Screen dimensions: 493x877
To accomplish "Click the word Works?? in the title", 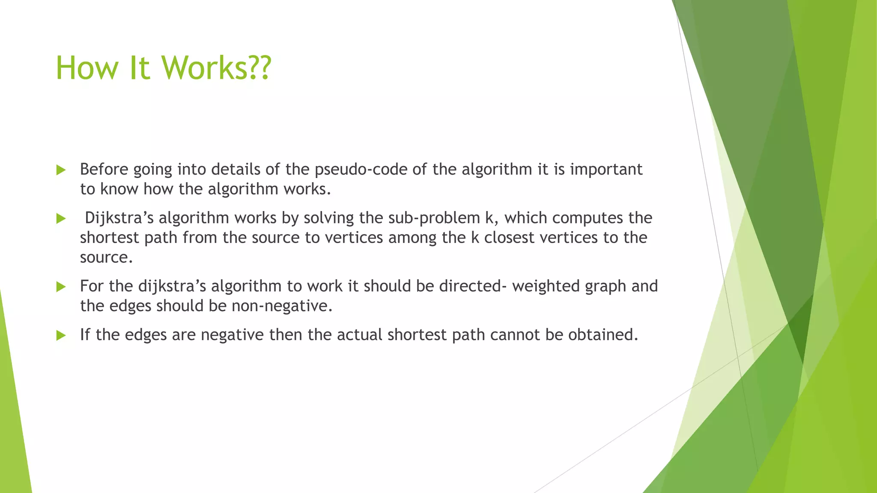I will [x=216, y=68].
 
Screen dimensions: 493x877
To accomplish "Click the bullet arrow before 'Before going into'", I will [x=61, y=170].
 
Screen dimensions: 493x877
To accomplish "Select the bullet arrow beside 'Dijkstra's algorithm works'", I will [x=61, y=219].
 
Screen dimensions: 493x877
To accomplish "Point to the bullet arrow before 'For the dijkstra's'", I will [x=61, y=287].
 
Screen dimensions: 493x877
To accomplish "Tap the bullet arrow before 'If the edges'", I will [x=61, y=336].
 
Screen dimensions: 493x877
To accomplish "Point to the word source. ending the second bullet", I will [x=106, y=257].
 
